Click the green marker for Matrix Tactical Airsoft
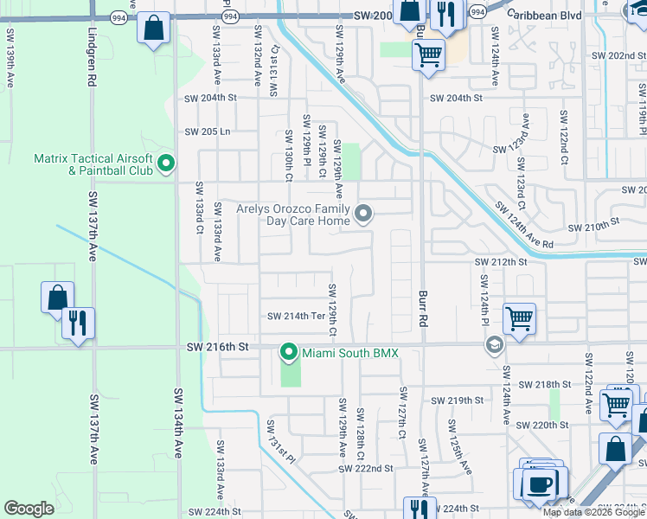167,163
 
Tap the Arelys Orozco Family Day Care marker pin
364,213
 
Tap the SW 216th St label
217,346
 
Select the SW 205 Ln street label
207,131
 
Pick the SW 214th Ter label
295,317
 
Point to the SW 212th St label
500,261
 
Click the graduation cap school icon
493,346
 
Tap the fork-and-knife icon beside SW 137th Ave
78,324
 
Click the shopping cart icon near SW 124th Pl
518,319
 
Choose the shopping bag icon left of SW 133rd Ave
153,28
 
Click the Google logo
29,508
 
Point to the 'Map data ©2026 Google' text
593,512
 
